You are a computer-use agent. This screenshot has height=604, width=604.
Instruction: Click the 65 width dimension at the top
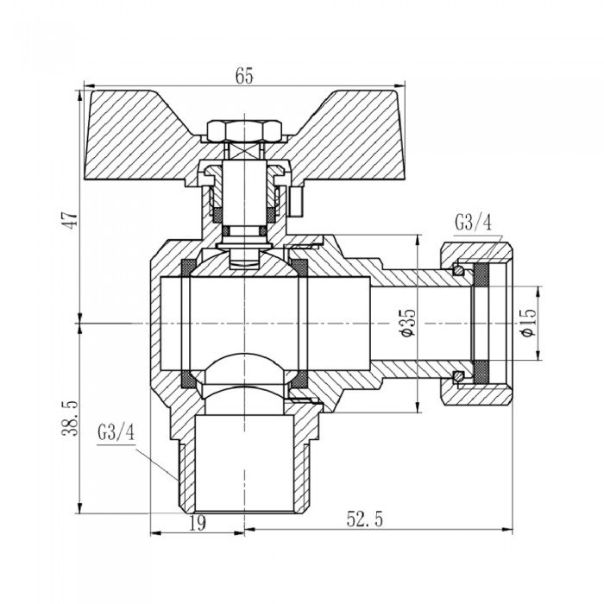(243, 76)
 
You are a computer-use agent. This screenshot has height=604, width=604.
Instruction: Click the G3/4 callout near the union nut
(472, 223)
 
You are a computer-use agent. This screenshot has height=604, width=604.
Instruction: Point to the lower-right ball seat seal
(299, 379)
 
